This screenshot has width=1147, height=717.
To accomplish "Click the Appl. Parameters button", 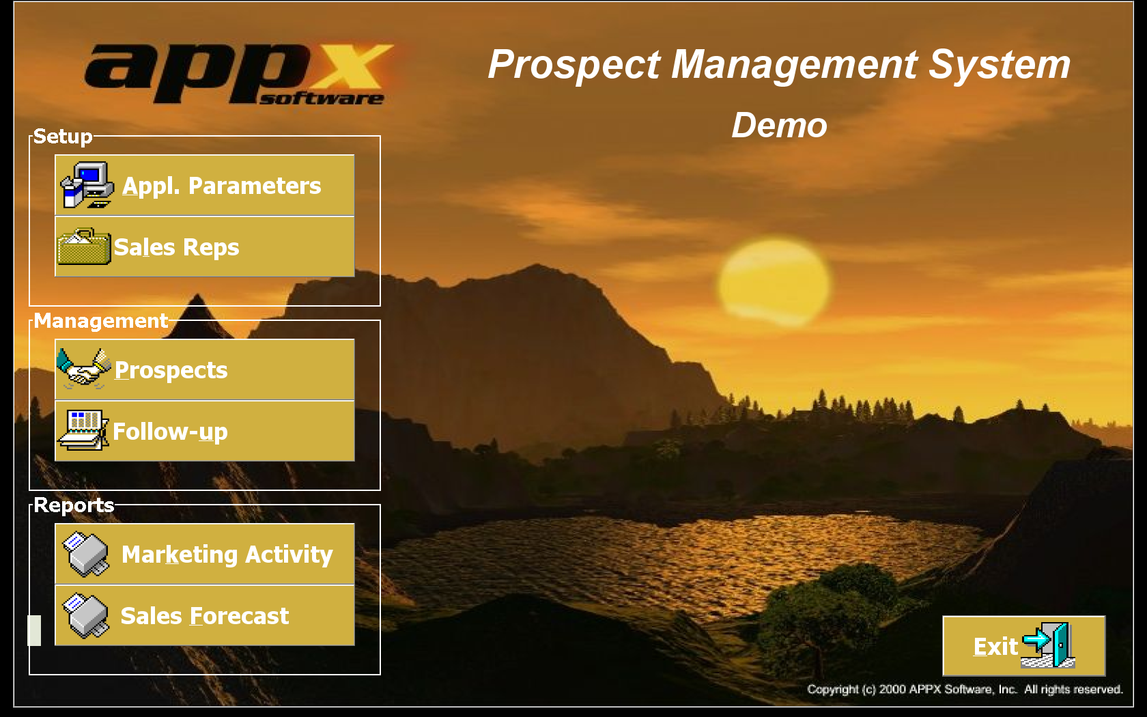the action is click(204, 185).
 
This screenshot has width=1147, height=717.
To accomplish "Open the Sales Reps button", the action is click(204, 247).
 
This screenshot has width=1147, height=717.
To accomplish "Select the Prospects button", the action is click(204, 369).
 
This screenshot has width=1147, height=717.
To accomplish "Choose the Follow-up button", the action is click(204, 431).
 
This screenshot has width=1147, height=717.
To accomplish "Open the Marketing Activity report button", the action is click(204, 554).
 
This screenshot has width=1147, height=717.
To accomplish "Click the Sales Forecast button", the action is click(204, 615).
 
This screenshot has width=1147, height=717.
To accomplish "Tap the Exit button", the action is click(1023, 646).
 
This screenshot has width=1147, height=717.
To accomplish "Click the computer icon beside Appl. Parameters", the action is click(87, 185).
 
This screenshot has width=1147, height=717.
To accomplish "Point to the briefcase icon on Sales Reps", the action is click(84, 247).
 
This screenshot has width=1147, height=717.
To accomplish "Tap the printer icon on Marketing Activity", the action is click(85, 554).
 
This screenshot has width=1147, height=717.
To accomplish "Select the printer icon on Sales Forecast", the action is click(85, 615).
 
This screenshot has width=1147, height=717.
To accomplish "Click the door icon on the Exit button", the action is click(1047, 645).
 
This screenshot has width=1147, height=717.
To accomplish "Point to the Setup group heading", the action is click(63, 137).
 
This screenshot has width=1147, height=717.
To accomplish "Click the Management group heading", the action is click(101, 321).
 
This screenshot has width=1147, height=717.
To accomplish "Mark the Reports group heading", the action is click(74, 505).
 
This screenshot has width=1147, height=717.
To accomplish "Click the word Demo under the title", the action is click(779, 125).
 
